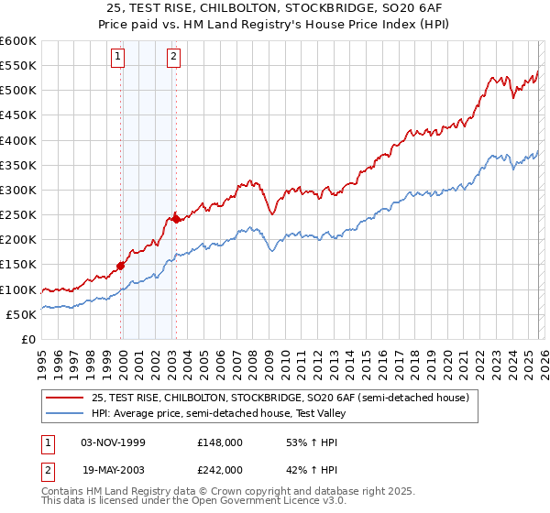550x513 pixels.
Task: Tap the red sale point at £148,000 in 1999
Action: pos(121,267)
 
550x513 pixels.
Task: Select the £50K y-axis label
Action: pos(21,315)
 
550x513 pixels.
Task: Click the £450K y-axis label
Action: pos(18,115)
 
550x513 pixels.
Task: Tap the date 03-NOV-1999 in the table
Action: pos(114,442)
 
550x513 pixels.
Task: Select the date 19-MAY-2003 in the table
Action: pos(114,469)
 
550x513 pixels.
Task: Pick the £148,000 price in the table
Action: pos(219,442)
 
